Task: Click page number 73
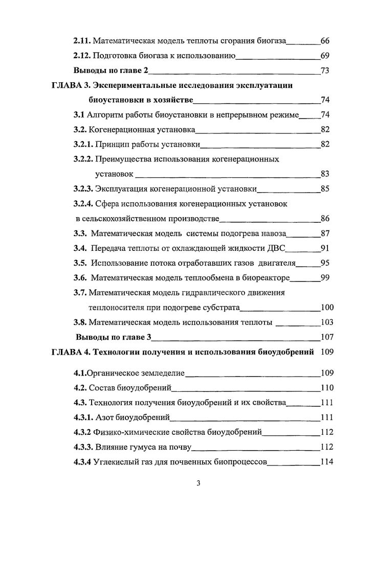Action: (x=324, y=71)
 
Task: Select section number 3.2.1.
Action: (x=85, y=145)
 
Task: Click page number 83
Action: (x=324, y=174)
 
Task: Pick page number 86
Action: (x=324, y=219)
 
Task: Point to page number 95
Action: (x=324, y=263)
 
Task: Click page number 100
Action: (x=326, y=308)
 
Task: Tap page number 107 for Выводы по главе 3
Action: (x=326, y=337)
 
